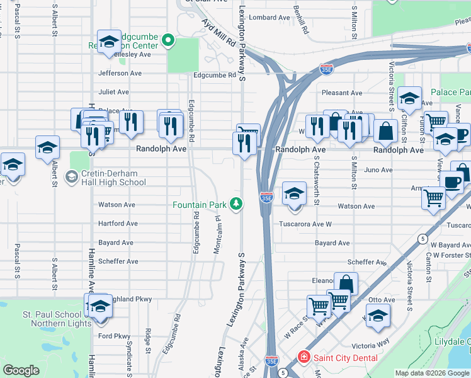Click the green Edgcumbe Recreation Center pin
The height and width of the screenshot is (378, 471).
pos(167,42)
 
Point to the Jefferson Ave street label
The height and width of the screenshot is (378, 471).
pos(120,73)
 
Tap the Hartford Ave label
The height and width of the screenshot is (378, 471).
pos(118,224)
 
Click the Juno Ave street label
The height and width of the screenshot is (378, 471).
pos(378,170)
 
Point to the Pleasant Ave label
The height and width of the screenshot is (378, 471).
pos(342,93)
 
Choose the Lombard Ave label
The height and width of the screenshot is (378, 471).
pos(268,18)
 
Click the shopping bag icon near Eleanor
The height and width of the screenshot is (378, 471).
pos(345,284)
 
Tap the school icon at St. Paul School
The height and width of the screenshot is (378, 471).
pos(99,307)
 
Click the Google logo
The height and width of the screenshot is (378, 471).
pos(21,370)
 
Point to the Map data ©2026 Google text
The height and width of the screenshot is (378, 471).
pos(432,373)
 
